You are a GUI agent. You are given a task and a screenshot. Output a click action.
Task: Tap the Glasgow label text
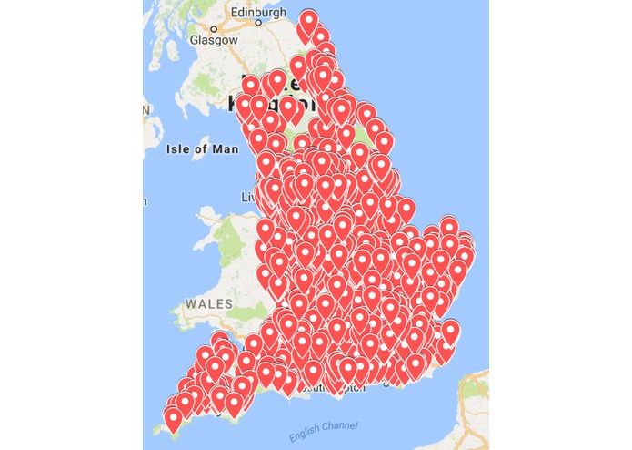coord(214,40)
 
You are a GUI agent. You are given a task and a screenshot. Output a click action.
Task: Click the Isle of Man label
coord(203,149)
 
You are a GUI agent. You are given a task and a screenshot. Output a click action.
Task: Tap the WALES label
coord(208,302)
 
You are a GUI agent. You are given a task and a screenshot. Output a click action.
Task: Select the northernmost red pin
coord(309,20)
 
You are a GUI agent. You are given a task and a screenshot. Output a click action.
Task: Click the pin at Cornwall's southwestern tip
coord(173,418)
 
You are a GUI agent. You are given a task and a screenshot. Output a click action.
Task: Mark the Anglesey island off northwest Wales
coord(206,219)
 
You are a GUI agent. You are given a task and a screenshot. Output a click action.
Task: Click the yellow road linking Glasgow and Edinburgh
coord(236,27)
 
